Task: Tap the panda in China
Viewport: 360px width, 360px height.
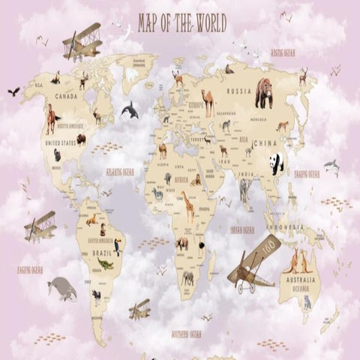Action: click(277, 163)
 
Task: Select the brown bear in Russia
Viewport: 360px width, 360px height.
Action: click(264, 94)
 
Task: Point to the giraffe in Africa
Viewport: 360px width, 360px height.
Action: click(187, 206)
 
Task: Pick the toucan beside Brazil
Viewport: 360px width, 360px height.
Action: click(118, 246)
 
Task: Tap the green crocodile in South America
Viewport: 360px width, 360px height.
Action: click(106, 264)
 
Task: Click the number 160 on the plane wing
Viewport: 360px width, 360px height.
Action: click(268, 247)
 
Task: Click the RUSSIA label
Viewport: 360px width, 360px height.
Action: click(239, 91)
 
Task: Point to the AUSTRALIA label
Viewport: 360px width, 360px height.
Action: click(298, 280)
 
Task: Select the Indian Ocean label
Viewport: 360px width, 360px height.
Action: click(241, 230)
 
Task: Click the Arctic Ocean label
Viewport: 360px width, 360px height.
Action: click(283, 53)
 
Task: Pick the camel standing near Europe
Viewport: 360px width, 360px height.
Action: click(207, 102)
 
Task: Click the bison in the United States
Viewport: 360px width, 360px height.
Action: click(80, 139)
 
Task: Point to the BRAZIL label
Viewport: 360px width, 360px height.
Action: click(101, 253)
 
